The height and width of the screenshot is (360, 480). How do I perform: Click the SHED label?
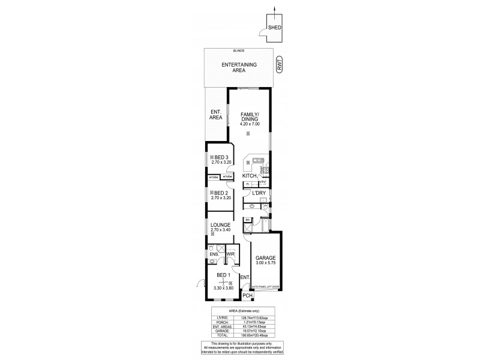(x=275, y=28)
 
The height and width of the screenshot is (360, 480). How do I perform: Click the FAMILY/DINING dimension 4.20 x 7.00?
(x=249, y=124)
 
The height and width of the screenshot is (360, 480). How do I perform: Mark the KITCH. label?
(x=249, y=176)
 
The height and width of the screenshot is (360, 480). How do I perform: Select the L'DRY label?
(x=259, y=193)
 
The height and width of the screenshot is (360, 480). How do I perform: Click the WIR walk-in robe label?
(x=229, y=254)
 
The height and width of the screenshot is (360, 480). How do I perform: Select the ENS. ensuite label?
(x=214, y=254)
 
